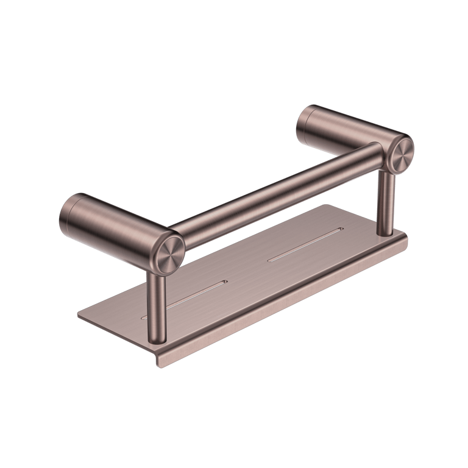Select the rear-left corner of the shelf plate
click(79, 314)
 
